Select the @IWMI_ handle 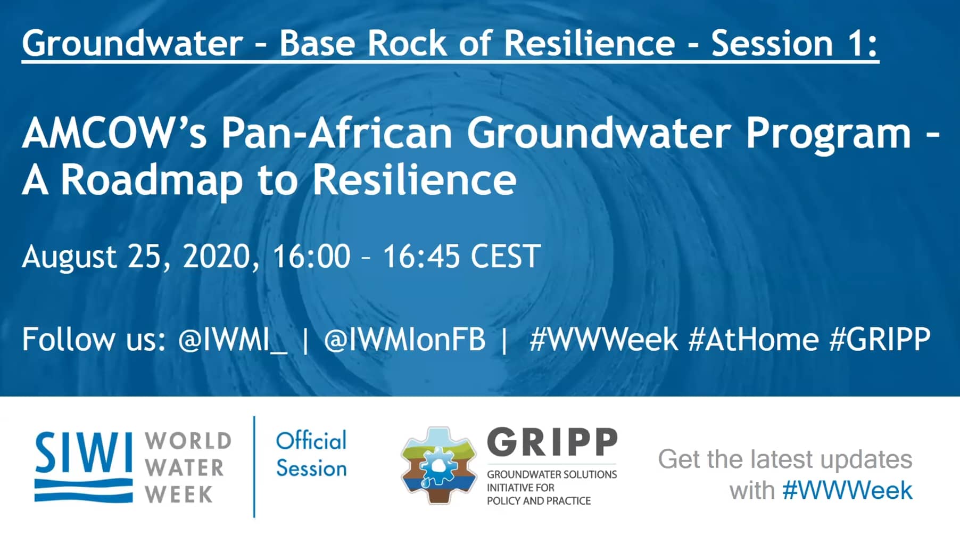pos(233,340)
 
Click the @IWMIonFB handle pos(404,340)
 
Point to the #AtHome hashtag pos(754,339)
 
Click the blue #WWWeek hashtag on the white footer pos(848,490)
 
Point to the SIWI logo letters pos(84,453)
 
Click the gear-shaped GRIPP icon pos(439,465)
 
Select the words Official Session pos(311,454)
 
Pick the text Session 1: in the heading pos(794,43)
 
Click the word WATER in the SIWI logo pos(185,468)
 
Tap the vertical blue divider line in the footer pos(254,467)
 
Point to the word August pos(69,257)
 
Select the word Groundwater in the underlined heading pos(133,43)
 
